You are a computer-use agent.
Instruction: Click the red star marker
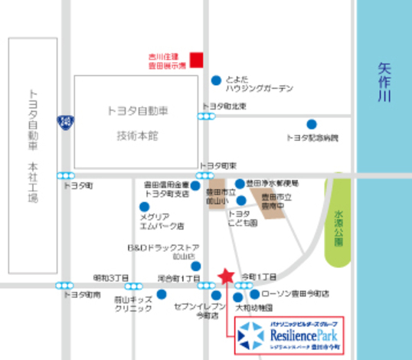pyautogui.click(x=225, y=276)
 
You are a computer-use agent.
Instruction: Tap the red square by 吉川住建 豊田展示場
pyautogui.click(x=197, y=58)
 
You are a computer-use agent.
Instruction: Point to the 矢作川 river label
pyautogui.click(x=384, y=83)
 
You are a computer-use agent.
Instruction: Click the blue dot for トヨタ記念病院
pyautogui.click(x=311, y=124)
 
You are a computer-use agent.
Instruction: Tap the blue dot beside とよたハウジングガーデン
pyautogui.click(x=217, y=79)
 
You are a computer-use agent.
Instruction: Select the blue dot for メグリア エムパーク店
pyautogui.click(x=144, y=206)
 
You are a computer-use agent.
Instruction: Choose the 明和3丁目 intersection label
pyautogui.click(x=110, y=277)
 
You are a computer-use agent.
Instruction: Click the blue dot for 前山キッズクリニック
pyautogui.click(x=162, y=293)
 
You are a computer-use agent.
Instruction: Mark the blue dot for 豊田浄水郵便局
pyautogui.click(x=240, y=184)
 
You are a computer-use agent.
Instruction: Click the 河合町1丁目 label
pyautogui.click(x=178, y=277)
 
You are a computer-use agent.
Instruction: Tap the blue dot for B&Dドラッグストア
pyautogui.click(x=195, y=266)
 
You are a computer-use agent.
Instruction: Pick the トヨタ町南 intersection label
pyautogui.click(x=82, y=295)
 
